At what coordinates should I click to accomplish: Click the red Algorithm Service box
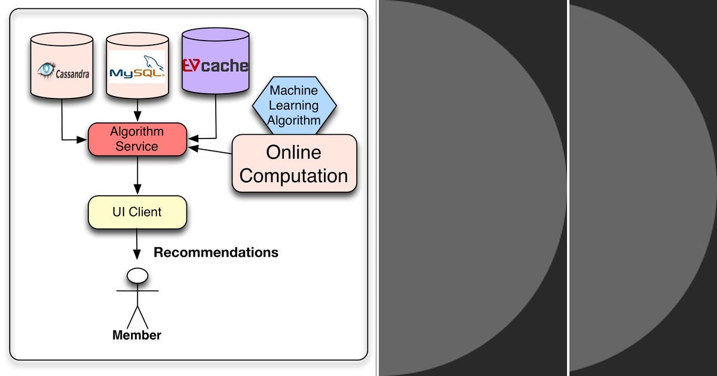coord(137,139)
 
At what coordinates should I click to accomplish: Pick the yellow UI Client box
coord(137,212)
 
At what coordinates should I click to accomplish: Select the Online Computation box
coord(293,164)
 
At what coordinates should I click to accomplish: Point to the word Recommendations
coord(216,252)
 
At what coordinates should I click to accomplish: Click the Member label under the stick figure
coord(137,335)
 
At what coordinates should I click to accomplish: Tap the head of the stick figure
coord(137,275)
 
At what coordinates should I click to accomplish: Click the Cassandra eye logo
coord(46,70)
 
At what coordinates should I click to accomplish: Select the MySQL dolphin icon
coord(153,63)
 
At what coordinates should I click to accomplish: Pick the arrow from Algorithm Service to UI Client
coord(138,175)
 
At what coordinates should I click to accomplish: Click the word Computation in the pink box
coord(293,176)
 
